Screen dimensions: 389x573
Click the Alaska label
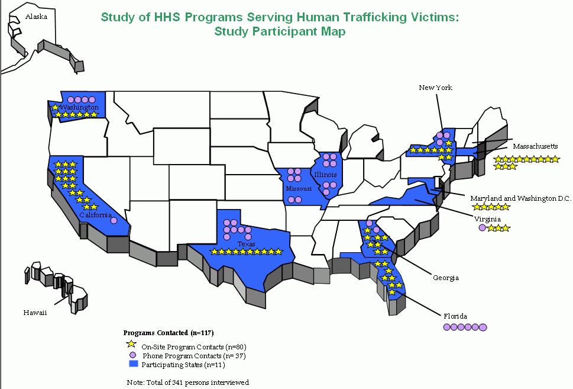point(35,17)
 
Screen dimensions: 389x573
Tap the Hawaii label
point(35,312)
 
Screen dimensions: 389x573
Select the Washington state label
point(79,108)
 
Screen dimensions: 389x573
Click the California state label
point(96,215)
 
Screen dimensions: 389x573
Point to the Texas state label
point(246,244)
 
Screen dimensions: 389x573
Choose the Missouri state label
point(298,189)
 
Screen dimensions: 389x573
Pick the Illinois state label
point(326,175)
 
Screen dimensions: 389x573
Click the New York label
point(435,88)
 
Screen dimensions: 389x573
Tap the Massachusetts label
point(535,146)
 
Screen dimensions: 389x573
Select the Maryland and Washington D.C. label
point(520,198)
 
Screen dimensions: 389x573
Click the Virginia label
point(487,219)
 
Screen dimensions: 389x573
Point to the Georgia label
point(445,278)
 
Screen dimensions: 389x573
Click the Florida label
point(455,316)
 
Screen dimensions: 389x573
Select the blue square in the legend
point(132,364)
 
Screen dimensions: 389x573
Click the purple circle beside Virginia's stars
point(482,228)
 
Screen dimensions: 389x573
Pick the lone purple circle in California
point(114,221)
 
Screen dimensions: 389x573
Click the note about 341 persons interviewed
point(188,382)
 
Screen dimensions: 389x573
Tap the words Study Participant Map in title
point(280,31)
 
